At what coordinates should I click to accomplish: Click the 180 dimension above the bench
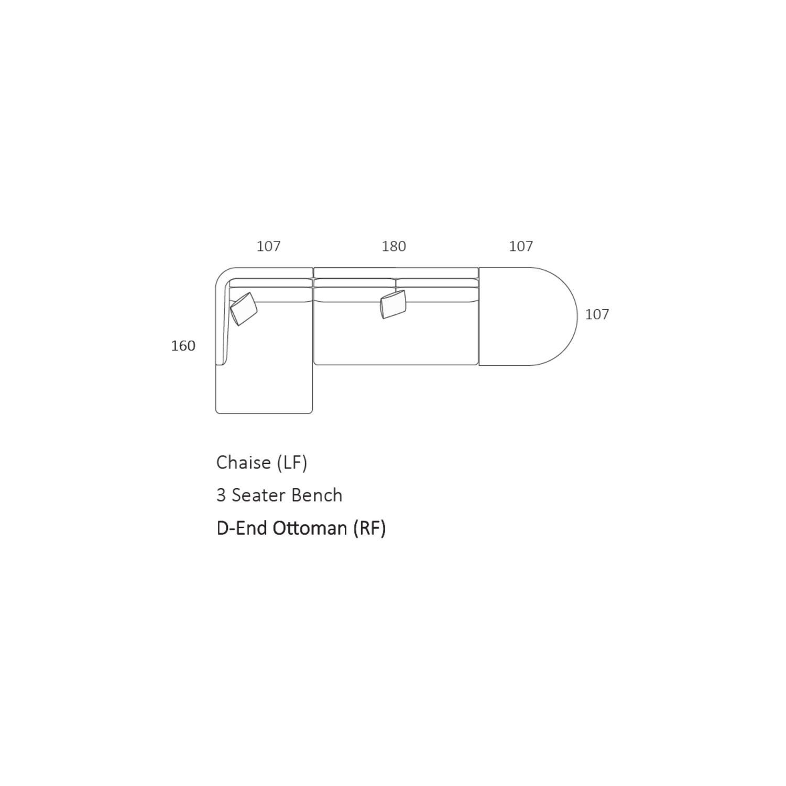click(x=394, y=246)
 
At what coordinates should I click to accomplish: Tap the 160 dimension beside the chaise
click(x=183, y=346)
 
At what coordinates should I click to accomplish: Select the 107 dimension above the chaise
click(x=268, y=246)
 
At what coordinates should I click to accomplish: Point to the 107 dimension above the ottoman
click(x=521, y=246)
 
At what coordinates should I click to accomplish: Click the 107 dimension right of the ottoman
click(x=597, y=314)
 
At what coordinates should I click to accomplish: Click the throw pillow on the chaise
click(x=244, y=309)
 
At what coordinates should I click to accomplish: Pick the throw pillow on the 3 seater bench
click(x=393, y=304)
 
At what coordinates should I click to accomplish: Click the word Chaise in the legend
click(x=244, y=462)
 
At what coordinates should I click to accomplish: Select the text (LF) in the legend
click(x=292, y=463)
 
